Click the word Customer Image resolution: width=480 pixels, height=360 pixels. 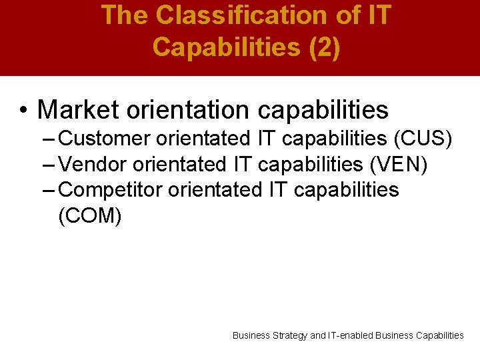tap(105, 139)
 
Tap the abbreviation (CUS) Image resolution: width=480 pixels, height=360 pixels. tap(423, 139)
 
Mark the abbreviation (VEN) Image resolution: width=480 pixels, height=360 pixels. tap(399, 164)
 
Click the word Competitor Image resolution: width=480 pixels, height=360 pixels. tap(111, 189)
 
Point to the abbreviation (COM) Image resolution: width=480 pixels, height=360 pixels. tap(90, 215)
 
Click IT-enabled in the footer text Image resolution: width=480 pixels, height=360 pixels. tap(351, 335)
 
